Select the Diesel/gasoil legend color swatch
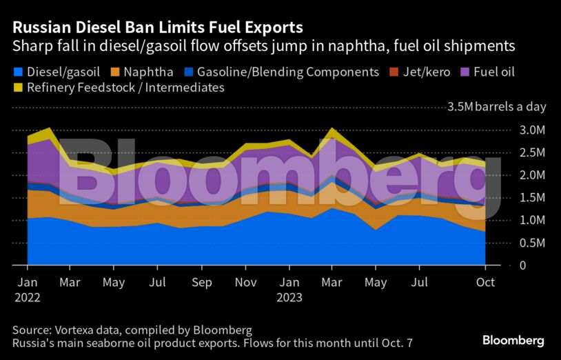pos(17,72)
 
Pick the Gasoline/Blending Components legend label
pos(288,72)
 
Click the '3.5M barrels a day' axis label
pos(496,107)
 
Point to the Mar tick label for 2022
pos(70,283)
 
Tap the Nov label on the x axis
pos(245,283)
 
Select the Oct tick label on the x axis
pos(485,283)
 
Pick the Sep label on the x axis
pos(201,283)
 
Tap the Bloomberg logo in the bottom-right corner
pos(513,340)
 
